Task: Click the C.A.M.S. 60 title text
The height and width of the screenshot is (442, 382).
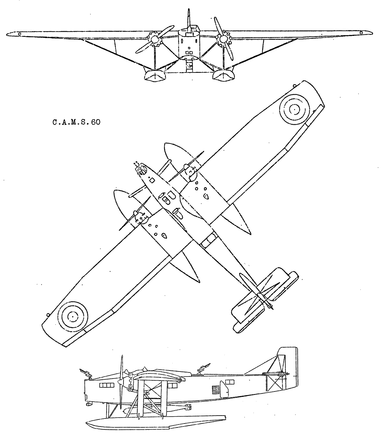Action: (x=76, y=122)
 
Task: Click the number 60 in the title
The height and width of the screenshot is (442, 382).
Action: (x=95, y=122)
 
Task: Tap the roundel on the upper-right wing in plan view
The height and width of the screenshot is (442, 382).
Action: (x=294, y=110)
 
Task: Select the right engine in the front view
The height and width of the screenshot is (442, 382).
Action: (x=224, y=39)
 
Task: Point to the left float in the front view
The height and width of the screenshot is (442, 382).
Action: (x=155, y=76)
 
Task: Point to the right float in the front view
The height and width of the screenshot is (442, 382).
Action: (x=223, y=76)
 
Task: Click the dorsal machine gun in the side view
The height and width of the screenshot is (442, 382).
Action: (x=204, y=369)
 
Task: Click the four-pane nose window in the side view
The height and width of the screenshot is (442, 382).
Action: (x=107, y=385)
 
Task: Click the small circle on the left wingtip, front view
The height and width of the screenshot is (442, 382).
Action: (x=19, y=34)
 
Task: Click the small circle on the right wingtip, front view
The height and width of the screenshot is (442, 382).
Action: (x=361, y=33)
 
